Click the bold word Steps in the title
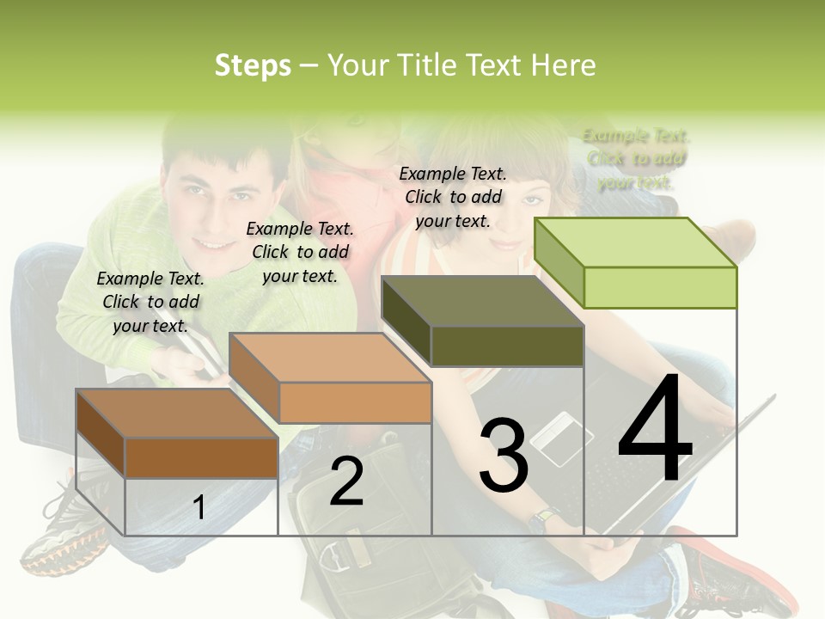(253, 65)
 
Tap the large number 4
(655, 430)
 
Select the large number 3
(503, 456)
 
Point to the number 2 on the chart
(346, 481)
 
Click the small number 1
(199, 507)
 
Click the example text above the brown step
(151, 302)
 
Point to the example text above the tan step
(300, 252)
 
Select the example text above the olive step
(453, 197)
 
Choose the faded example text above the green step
(636, 159)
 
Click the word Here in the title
(563, 65)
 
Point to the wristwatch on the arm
(544, 518)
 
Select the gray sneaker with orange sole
(56, 533)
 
